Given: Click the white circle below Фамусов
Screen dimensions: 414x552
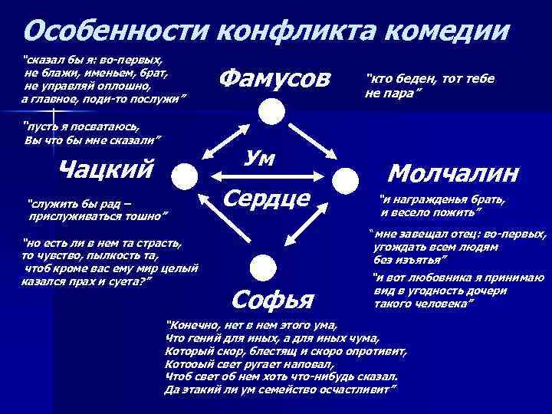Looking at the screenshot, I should pyautogui.click(x=270, y=113).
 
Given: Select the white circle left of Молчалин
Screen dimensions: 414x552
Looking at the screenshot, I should pyautogui.click(x=347, y=182).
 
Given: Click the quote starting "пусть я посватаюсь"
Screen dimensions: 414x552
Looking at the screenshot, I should pyautogui.click(x=92, y=133).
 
